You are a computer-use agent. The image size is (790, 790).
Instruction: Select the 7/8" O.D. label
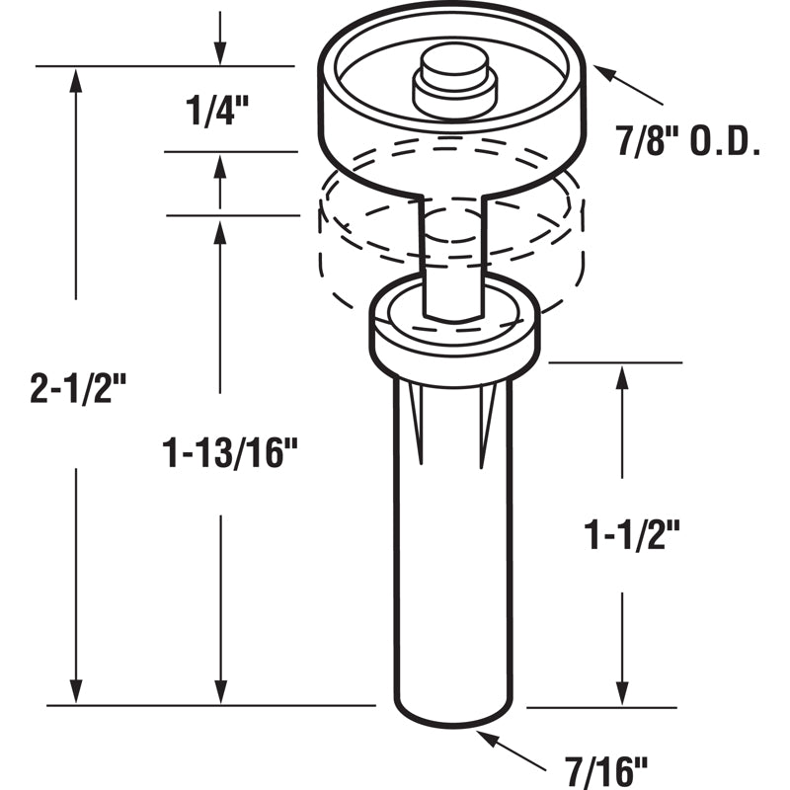(x=688, y=145)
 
